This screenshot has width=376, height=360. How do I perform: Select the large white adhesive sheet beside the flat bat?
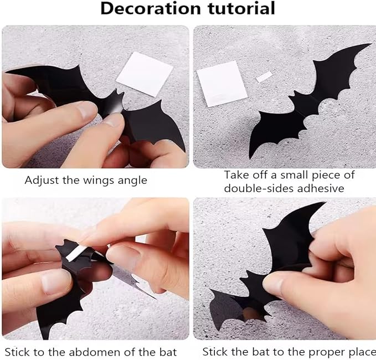[221, 83]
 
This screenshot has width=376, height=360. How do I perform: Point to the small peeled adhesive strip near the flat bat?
[264, 77]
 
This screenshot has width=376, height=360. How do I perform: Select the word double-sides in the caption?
[255, 188]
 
